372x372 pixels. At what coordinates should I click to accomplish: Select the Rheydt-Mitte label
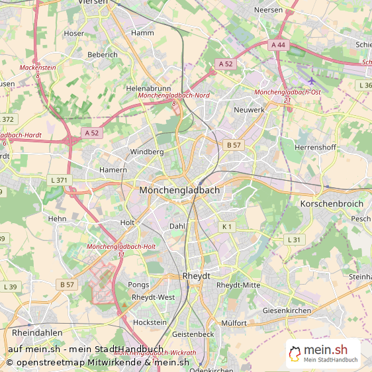pyautogui.click(x=238, y=285)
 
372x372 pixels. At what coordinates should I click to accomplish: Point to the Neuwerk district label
pyautogui.click(x=250, y=109)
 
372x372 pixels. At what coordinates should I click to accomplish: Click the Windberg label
pyautogui.click(x=147, y=152)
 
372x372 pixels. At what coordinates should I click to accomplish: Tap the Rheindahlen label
pyautogui.click(x=37, y=332)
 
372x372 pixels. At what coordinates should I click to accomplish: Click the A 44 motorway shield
pyautogui.click(x=278, y=44)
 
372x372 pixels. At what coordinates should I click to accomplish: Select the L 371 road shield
pyautogui.click(x=59, y=180)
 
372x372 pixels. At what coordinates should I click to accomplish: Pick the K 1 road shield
pyautogui.click(x=227, y=226)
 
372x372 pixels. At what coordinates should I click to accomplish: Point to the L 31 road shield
pyautogui.click(x=294, y=239)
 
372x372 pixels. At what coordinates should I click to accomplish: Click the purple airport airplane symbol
pyautogui.click(x=312, y=81)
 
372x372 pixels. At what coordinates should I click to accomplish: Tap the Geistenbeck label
pyautogui.click(x=193, y=334)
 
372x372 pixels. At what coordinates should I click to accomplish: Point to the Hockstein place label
pyautogui.click(x=150, y=322)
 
